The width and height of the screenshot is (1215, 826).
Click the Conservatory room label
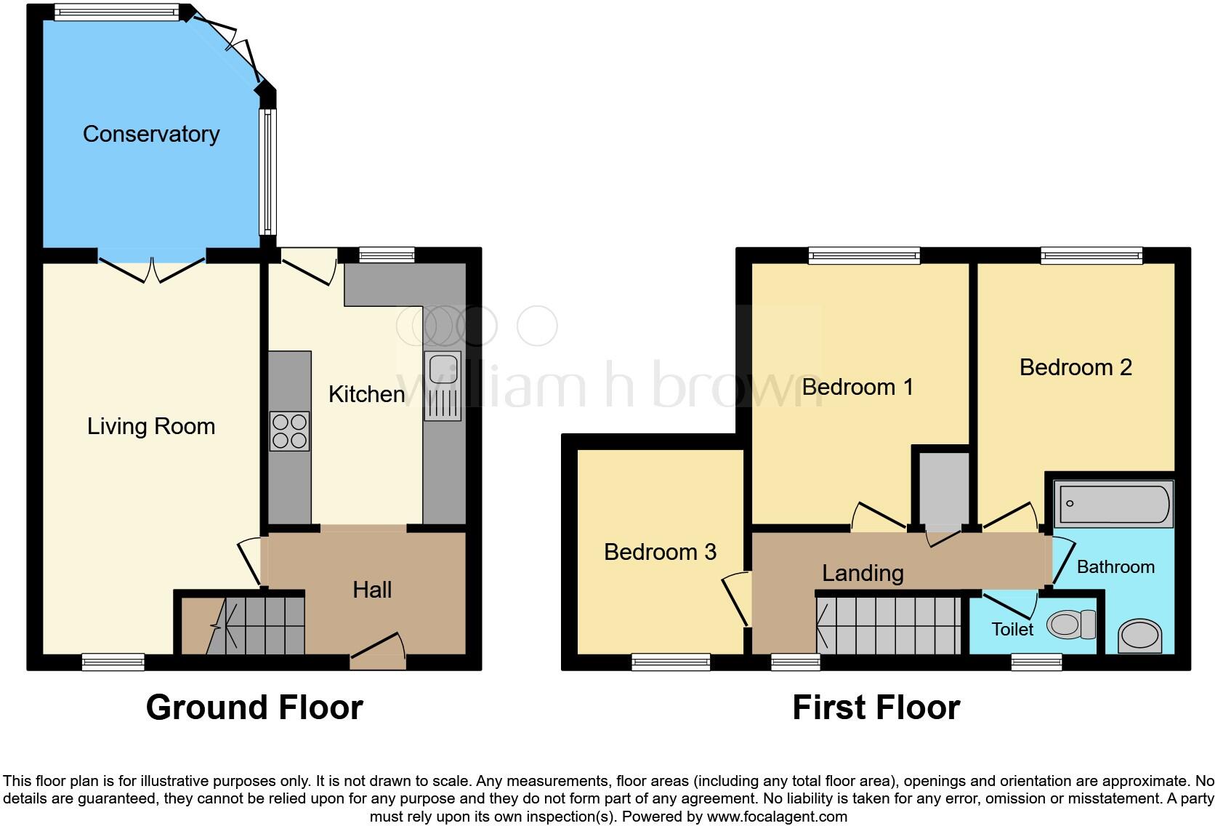pyautogui.click(x=151, y=134)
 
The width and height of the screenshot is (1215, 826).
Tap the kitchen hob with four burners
pyautogui.click(x=289, y=431)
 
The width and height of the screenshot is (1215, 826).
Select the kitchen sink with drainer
pyautogui.click(x=443, y=386)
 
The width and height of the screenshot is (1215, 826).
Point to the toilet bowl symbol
pyautogui.click(x=1071, y=624)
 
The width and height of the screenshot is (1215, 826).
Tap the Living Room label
pyautogui.click(x=151, y=426)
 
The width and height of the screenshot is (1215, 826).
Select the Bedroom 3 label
pyautogui.click(x=660, y=552)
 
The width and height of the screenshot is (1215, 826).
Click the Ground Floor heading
pyautogui.click(x=254, y=707)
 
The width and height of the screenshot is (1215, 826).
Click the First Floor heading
pyautogui.click(x=876, y=707)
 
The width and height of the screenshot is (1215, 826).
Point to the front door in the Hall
pyautogui.click(x=378, y=651)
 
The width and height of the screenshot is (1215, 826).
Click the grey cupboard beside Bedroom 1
pyautogui.click(x=942, y=487)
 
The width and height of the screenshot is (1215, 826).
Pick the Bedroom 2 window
pyautogui.click(x=1091, y=255)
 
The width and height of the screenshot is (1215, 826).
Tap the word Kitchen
pyautogui.click(x=366, y=394)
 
